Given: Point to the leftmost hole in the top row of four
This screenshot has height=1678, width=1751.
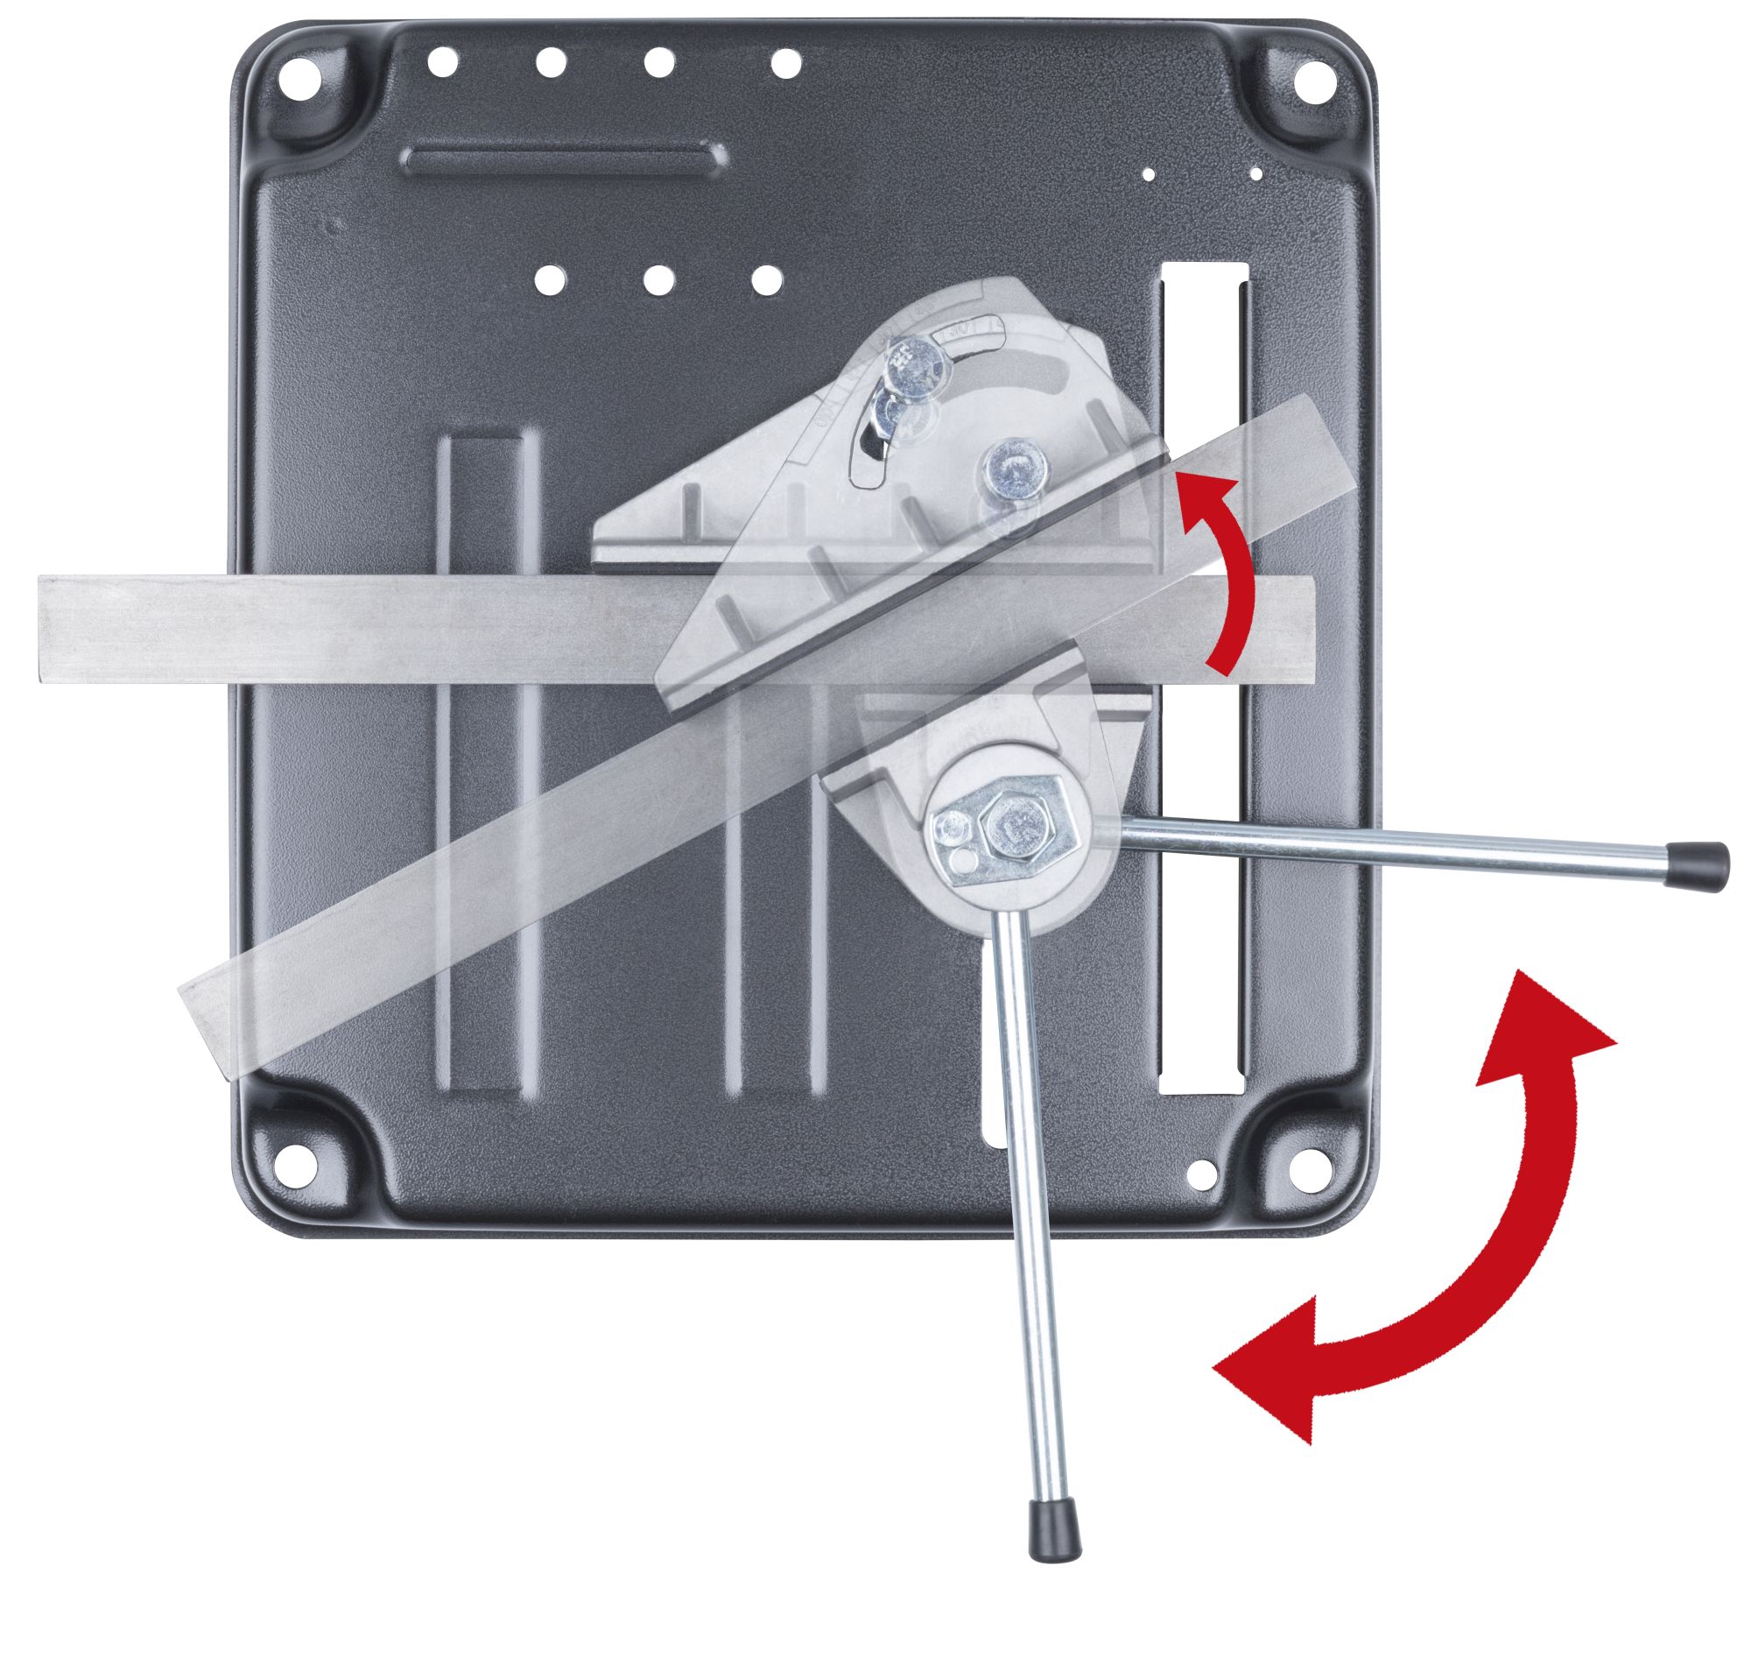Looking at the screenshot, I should click(x=443, y=62).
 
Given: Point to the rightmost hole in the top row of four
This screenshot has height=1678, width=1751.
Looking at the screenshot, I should click(x=786, y=63).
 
